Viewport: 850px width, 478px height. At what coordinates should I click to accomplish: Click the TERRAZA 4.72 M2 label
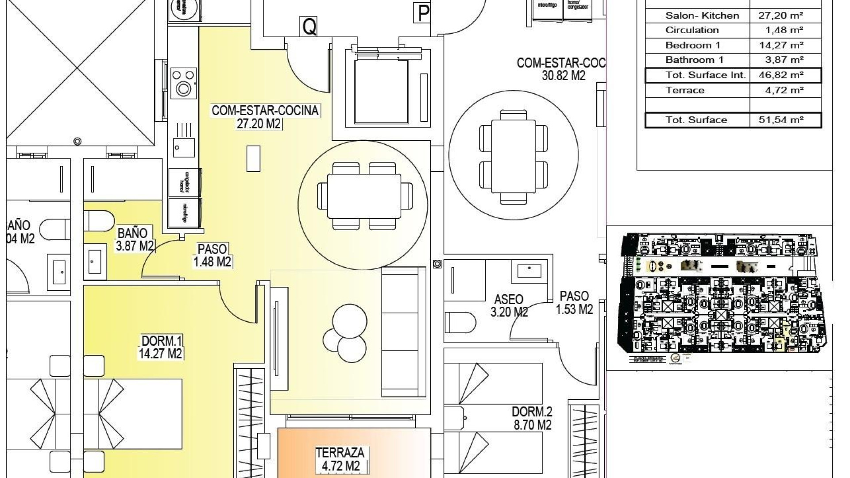pyautogui.click(x=340, y=459)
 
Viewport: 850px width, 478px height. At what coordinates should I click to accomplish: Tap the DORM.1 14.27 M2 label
pyautogui.click(x=161, y=347)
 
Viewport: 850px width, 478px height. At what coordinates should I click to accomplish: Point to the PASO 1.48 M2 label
pyautogui.click(x=212, y=256)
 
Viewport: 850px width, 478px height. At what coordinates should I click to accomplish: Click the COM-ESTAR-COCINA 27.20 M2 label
pyautogui.click(x=265, y=117)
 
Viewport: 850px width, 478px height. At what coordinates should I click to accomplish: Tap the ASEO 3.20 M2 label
pyautogui.click(x=509, y=306)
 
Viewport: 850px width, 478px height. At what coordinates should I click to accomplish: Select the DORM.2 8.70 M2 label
pyautogui.click(x=532, y=419)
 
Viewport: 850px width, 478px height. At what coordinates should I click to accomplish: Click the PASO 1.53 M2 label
pyautogui.click(x=574, y=303)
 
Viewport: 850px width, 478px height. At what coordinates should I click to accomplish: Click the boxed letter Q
pyautogui.click(x=309, y=27)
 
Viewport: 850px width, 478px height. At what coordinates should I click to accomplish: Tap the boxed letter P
pyautogui.click(x=423, y=13)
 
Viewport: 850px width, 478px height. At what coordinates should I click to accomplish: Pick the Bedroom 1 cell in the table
pyautogui.click(x=693, y=45)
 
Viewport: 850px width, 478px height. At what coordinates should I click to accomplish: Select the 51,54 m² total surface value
pyautogui.click(x=781, y=120)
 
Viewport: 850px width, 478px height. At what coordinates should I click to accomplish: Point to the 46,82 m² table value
pyautogui.click(x=781, y=75)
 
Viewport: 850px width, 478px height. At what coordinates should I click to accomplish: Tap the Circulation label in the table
pyautogui.click(x=692, y=30)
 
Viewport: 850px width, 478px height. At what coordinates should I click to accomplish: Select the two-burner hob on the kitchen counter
pyautogui.click(x=183, y=82)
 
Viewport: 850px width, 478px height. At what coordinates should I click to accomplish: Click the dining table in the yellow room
pyautogui.click(x=364, y=196)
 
